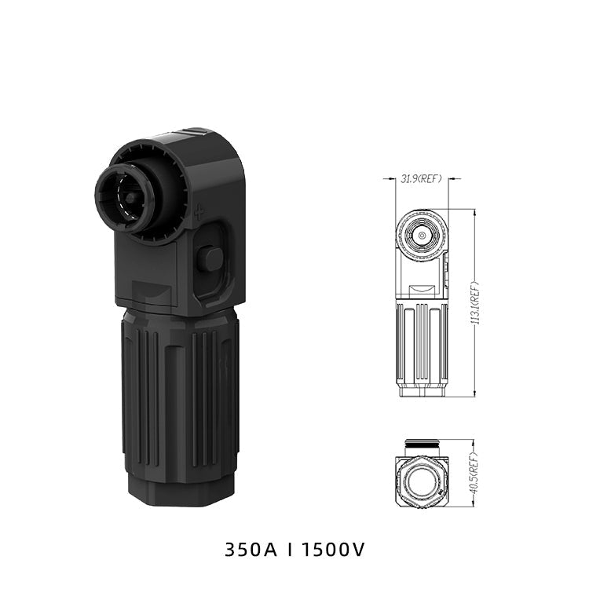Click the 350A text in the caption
(x=251, y=550)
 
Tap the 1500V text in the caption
(x=333, y=550)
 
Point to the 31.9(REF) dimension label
(x=421, y=179)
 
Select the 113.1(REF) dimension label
(x=475, y=303)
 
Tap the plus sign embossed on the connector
(x=199, y=213)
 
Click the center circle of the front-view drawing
(x=422, y=236)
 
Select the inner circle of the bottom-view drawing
(x=421, y=482)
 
